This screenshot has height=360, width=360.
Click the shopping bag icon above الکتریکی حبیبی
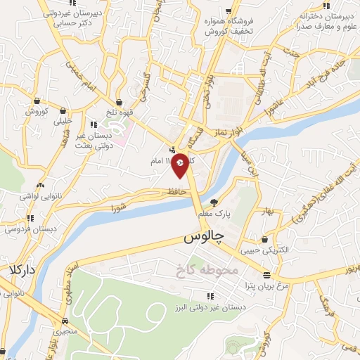pos(264,239)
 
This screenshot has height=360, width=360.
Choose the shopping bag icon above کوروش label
pos(37,101)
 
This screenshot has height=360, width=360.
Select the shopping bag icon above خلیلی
pos(64,110)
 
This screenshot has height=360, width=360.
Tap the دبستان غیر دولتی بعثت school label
pos(94,140)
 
